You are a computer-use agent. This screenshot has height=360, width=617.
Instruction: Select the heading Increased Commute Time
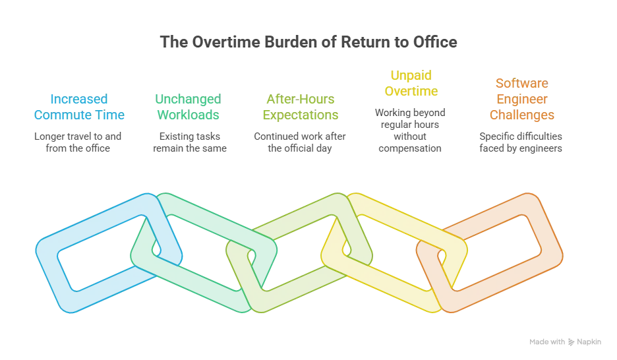pos(79,107)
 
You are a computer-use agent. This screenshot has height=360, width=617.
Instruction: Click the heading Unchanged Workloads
pos(188,107)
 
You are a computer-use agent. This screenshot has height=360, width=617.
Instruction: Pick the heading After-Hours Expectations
pos(300,107)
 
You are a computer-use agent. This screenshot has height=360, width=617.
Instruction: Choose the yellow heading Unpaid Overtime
pos(411,83)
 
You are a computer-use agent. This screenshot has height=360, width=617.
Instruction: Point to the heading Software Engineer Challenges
pos(522,99)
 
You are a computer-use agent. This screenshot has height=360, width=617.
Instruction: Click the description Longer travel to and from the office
pos(78,142)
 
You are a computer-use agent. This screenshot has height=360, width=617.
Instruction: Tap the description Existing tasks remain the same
pos(190,142)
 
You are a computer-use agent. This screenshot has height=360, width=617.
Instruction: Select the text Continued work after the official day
pos(299,142)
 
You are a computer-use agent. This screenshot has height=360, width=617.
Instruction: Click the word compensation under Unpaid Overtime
pos(409,148)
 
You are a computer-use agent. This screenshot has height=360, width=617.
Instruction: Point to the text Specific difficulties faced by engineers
pos(521,142)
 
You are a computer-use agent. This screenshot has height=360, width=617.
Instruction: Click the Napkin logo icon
pos(571,342)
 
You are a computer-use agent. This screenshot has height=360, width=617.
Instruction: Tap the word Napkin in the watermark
pos(589,342)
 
